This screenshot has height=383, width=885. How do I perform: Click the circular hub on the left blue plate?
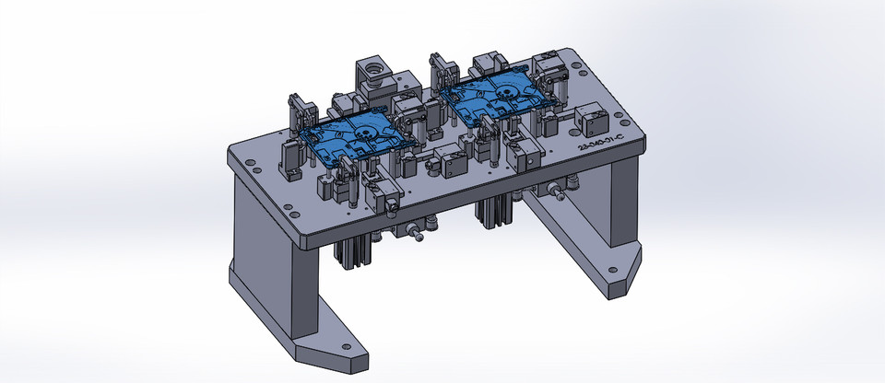point(365,133)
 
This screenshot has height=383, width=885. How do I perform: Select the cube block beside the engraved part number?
point(590,120)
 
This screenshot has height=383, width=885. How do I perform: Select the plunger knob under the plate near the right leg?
point(559,192)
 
